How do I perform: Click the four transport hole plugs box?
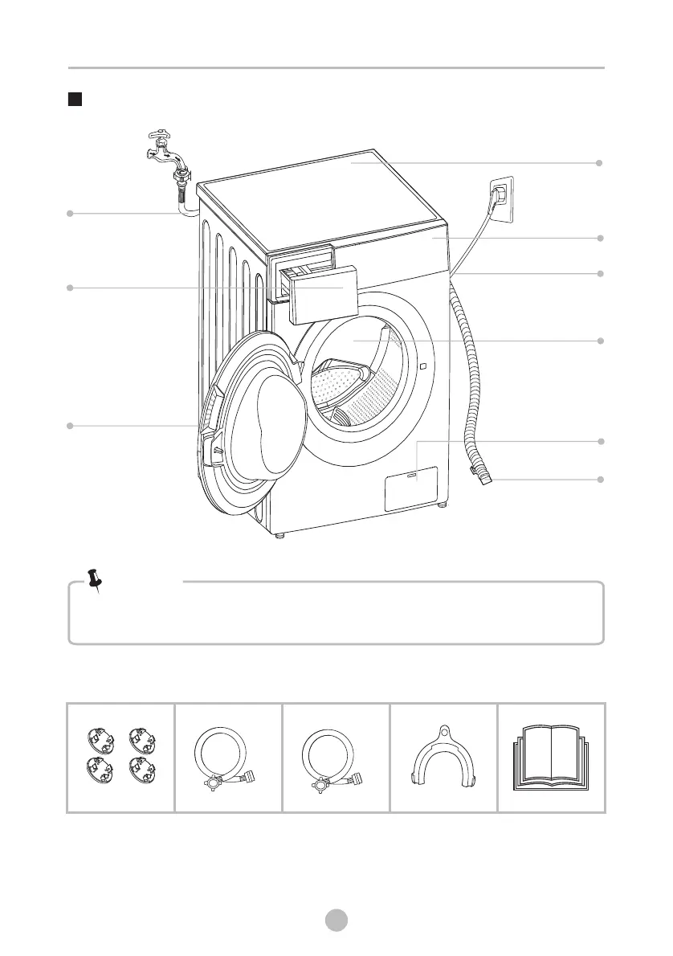click(120, 758)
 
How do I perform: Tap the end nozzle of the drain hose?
click(484, 480)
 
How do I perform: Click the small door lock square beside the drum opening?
click(422, 367)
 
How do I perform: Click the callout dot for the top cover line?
click(599, 163)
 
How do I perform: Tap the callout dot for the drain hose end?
click(599, 480)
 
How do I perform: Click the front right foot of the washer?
click(441, 505)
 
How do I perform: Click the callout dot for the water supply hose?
click(70, 213)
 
